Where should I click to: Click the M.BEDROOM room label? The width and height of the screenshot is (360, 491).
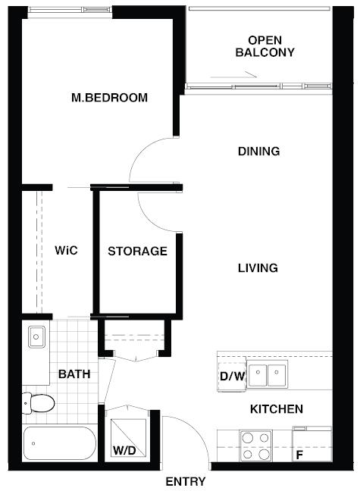pos(109,98)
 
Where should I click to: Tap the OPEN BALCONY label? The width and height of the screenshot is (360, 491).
pos(265,46)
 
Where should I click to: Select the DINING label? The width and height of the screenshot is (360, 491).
pos(258,152)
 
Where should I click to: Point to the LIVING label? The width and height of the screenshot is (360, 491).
pos(258,268)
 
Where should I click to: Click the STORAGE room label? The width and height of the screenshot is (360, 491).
pos(137,251)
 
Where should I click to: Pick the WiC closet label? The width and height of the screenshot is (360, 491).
pos(66,251)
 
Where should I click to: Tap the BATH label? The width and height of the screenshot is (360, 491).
pos(74,374)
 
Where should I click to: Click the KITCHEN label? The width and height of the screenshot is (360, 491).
pos(277,409)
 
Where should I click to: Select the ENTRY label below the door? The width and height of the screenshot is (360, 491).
pos(186,481)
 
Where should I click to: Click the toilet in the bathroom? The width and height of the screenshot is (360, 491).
pos(39,403)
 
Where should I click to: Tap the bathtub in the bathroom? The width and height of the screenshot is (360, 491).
pos(60,443)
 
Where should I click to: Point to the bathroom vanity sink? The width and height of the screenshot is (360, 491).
pos(36,337)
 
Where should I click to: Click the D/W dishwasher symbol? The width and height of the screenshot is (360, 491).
pos(232,376)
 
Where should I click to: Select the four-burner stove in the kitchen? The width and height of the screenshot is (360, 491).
pos(255,446)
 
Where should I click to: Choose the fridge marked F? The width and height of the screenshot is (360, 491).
pos(311,444)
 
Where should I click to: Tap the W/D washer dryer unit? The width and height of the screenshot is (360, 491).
pos(128,438)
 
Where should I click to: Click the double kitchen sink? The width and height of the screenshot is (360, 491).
pos(267,374)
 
